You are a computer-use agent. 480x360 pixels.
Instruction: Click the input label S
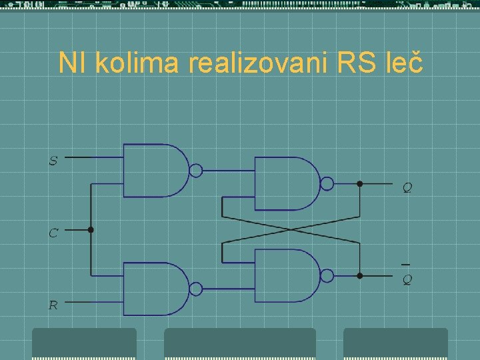[x=53, y=161]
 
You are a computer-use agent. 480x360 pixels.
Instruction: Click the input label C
[x=53, y=233]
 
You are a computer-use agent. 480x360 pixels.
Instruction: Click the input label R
[x=53, y=306]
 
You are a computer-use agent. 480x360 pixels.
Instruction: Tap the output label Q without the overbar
[x=407, y=188]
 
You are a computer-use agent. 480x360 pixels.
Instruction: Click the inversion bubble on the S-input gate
[x=195, y=171]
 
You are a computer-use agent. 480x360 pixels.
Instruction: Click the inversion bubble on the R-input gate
[x=195, y=289]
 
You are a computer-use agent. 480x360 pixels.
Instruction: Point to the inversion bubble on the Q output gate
[x=327, y=183]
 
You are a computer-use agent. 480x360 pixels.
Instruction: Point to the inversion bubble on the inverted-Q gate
[x=327, y=275]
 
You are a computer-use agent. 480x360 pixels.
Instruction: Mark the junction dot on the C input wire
[x=91, y=230]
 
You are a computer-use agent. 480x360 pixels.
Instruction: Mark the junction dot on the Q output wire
[x=359, y=183]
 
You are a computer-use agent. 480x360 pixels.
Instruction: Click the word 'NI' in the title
[x=73, y=63]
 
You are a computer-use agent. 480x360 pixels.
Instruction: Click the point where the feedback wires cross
[x=291, y=229]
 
